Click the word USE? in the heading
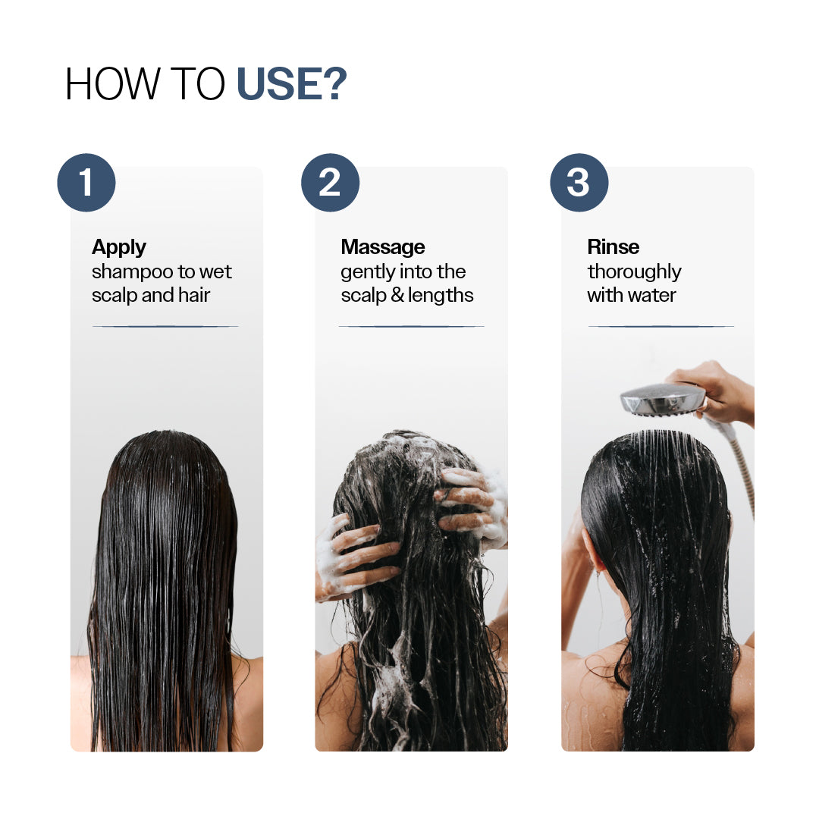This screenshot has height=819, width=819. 292,84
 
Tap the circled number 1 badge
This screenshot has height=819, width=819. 86,183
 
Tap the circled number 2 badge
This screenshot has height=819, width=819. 330,183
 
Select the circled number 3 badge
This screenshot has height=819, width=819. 579,183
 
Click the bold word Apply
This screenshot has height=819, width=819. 119,247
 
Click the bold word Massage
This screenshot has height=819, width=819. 383,247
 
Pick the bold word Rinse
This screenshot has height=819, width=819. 613,247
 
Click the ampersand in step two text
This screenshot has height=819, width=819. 397,296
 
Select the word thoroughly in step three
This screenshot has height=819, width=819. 634,272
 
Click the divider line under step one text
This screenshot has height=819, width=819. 165,326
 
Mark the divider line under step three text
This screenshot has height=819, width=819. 661,326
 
